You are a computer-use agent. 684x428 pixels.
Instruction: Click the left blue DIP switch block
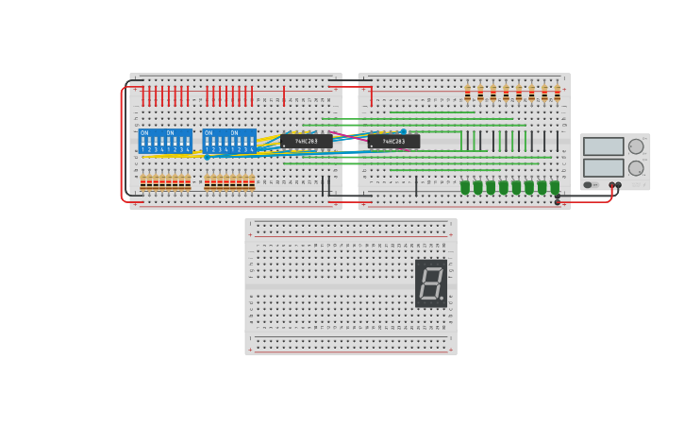165,141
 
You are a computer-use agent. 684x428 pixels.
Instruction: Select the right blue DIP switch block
229,141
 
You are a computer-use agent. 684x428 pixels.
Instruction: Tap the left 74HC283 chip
307,141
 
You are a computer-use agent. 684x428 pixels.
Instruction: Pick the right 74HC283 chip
393,141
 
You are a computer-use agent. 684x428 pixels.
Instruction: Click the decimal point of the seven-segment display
442,299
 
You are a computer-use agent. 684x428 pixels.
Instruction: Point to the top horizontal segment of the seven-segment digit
431,268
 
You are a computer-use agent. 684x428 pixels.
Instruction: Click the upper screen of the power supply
603,146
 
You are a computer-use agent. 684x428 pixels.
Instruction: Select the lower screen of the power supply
603,168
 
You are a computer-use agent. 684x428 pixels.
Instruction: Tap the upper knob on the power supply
636,146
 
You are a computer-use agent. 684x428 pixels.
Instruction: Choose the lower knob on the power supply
636,168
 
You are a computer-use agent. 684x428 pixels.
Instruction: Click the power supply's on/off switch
588,185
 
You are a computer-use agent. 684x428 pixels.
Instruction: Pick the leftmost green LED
465,187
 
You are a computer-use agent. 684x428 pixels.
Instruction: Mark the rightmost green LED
555,187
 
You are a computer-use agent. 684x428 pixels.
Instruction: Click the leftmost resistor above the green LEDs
467,93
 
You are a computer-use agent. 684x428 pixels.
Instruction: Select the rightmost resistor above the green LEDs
557,93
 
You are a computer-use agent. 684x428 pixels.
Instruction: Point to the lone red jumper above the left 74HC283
284,95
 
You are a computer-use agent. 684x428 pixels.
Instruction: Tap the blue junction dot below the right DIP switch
207,157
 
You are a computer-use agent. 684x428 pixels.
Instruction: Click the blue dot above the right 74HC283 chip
404,132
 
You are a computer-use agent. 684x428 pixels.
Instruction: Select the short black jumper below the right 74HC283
416,185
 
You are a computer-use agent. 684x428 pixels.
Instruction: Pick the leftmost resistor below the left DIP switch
143,182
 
